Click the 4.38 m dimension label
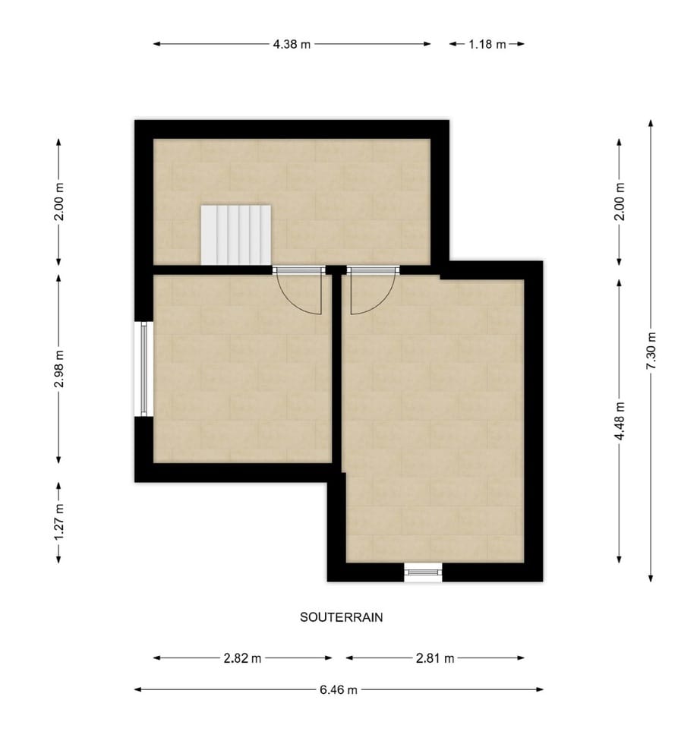click(292, 44)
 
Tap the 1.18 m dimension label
click(487, 44)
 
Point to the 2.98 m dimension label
click(59, 369)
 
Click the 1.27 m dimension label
click(59, 523)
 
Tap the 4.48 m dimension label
click(620, 421)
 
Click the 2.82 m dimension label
click(242, 658)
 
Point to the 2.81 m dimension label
click(435, 658)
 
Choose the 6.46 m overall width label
click(339, 689)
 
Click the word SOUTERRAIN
click(342, 617)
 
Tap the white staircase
click(236, 234)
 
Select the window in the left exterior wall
click(143, 369)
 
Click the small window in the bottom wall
click(423, 572)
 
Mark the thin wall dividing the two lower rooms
click(336, 372)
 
